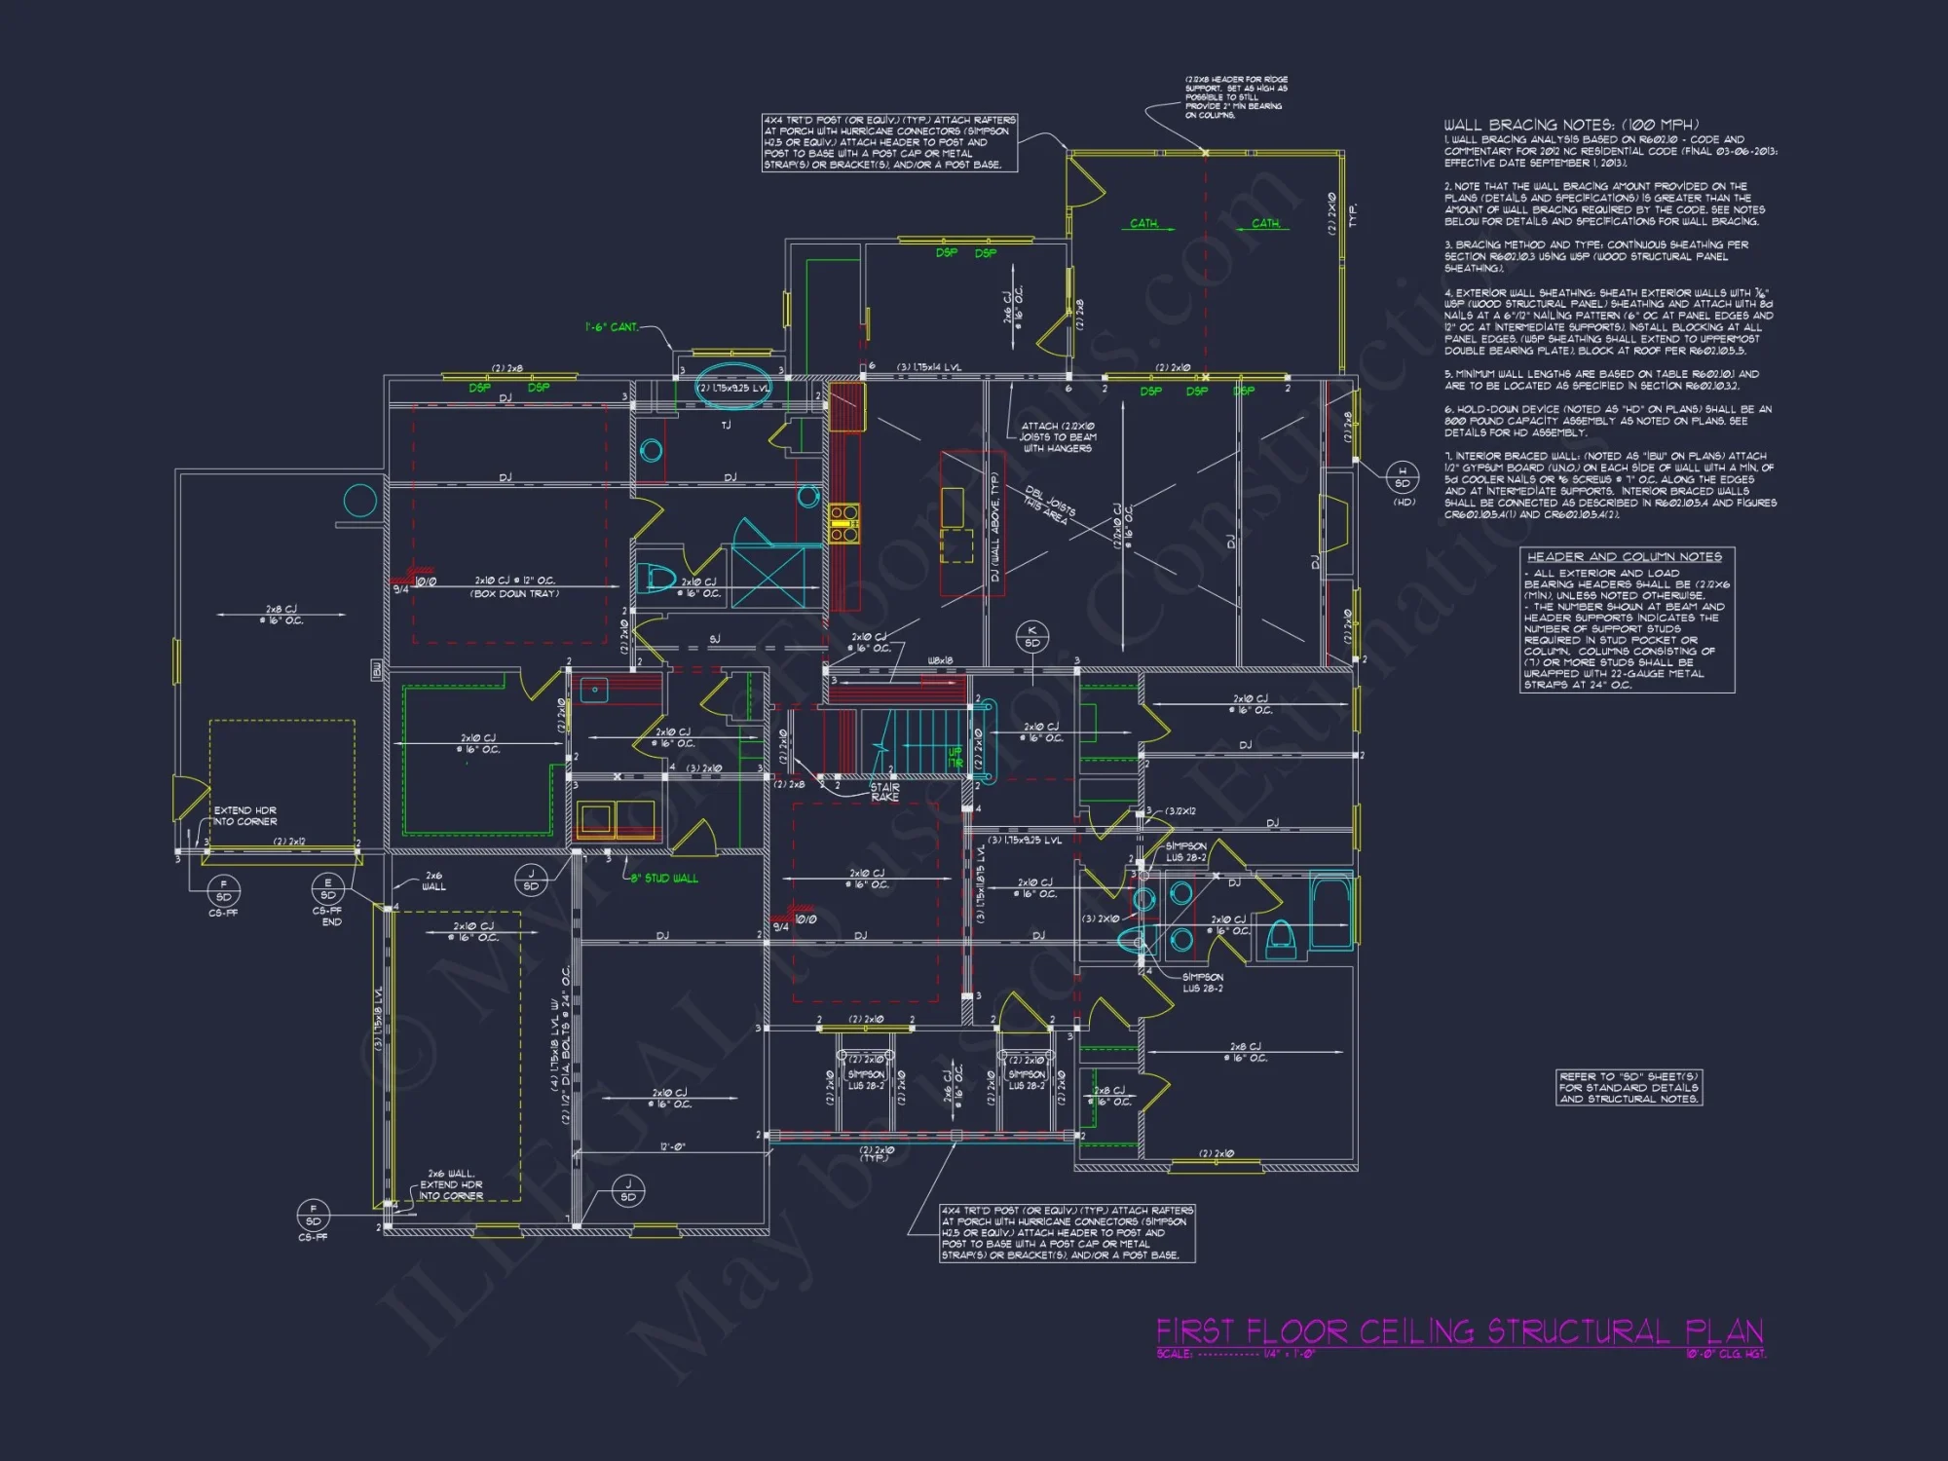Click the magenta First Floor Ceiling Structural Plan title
(1458, 1330)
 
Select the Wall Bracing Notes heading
(1570, 125)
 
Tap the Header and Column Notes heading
(1624, 556)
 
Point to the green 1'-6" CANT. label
(611, 327)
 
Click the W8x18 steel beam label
(940, 660)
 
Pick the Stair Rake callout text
(884, 792)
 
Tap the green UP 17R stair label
(955, 757)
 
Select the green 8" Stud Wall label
(664, 879)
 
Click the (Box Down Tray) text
(514, 593)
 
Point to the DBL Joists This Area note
(1049, 506)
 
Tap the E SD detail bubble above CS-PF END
(328, 888)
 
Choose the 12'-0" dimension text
(672, 1146)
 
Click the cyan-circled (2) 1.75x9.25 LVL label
(733, 388)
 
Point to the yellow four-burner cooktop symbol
(843, 522)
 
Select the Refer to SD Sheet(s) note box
(1629, 1087)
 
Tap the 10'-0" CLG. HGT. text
(1725, 1354)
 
